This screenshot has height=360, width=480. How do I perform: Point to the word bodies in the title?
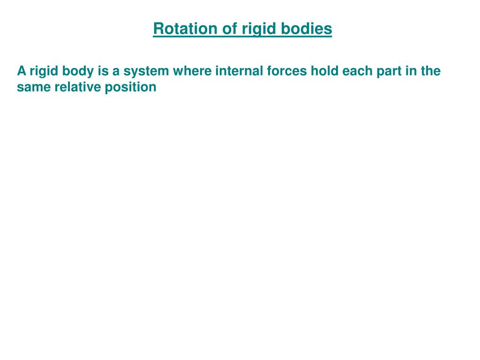click(x=307, y=29)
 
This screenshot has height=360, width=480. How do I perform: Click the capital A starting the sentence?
click(x=21, y=71)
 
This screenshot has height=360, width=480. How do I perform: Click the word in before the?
click(x=412, y=71)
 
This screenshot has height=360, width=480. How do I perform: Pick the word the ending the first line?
click(x=431, y=71)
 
